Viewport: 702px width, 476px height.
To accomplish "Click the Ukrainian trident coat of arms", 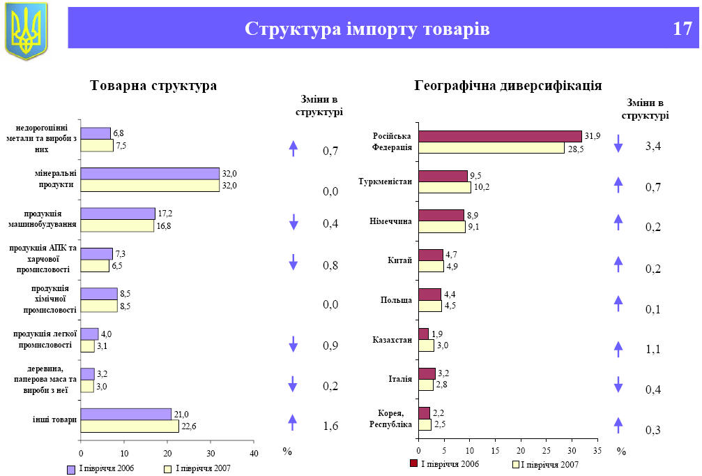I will point(26,30).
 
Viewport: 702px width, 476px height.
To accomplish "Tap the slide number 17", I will point(682,29).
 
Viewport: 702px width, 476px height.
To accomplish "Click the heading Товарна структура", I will point(153,86).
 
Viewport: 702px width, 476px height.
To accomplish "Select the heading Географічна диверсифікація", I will point(508,86).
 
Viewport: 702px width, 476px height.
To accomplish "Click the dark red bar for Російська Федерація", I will point(500,136).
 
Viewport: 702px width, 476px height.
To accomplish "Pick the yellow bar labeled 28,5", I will point(491,147).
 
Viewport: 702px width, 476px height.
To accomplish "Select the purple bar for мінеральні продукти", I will point(150,173).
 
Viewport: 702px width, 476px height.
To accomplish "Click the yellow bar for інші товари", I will point(130,426).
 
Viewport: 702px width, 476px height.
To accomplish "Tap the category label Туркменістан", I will point(386,181).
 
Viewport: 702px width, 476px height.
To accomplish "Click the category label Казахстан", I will point(392,340).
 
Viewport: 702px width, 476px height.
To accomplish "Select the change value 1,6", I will point(330,426).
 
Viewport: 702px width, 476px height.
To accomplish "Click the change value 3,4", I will point(653,146).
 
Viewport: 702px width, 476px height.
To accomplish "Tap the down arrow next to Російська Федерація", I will point(618,144).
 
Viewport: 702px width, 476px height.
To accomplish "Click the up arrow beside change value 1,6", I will point(293,422).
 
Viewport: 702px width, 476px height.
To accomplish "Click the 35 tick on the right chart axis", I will point(597,451).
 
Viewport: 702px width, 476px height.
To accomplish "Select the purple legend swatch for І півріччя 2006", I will point(70,469).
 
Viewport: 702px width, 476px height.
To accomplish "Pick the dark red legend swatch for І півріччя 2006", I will point(413,463).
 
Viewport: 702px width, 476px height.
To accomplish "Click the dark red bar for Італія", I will point(427,373).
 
